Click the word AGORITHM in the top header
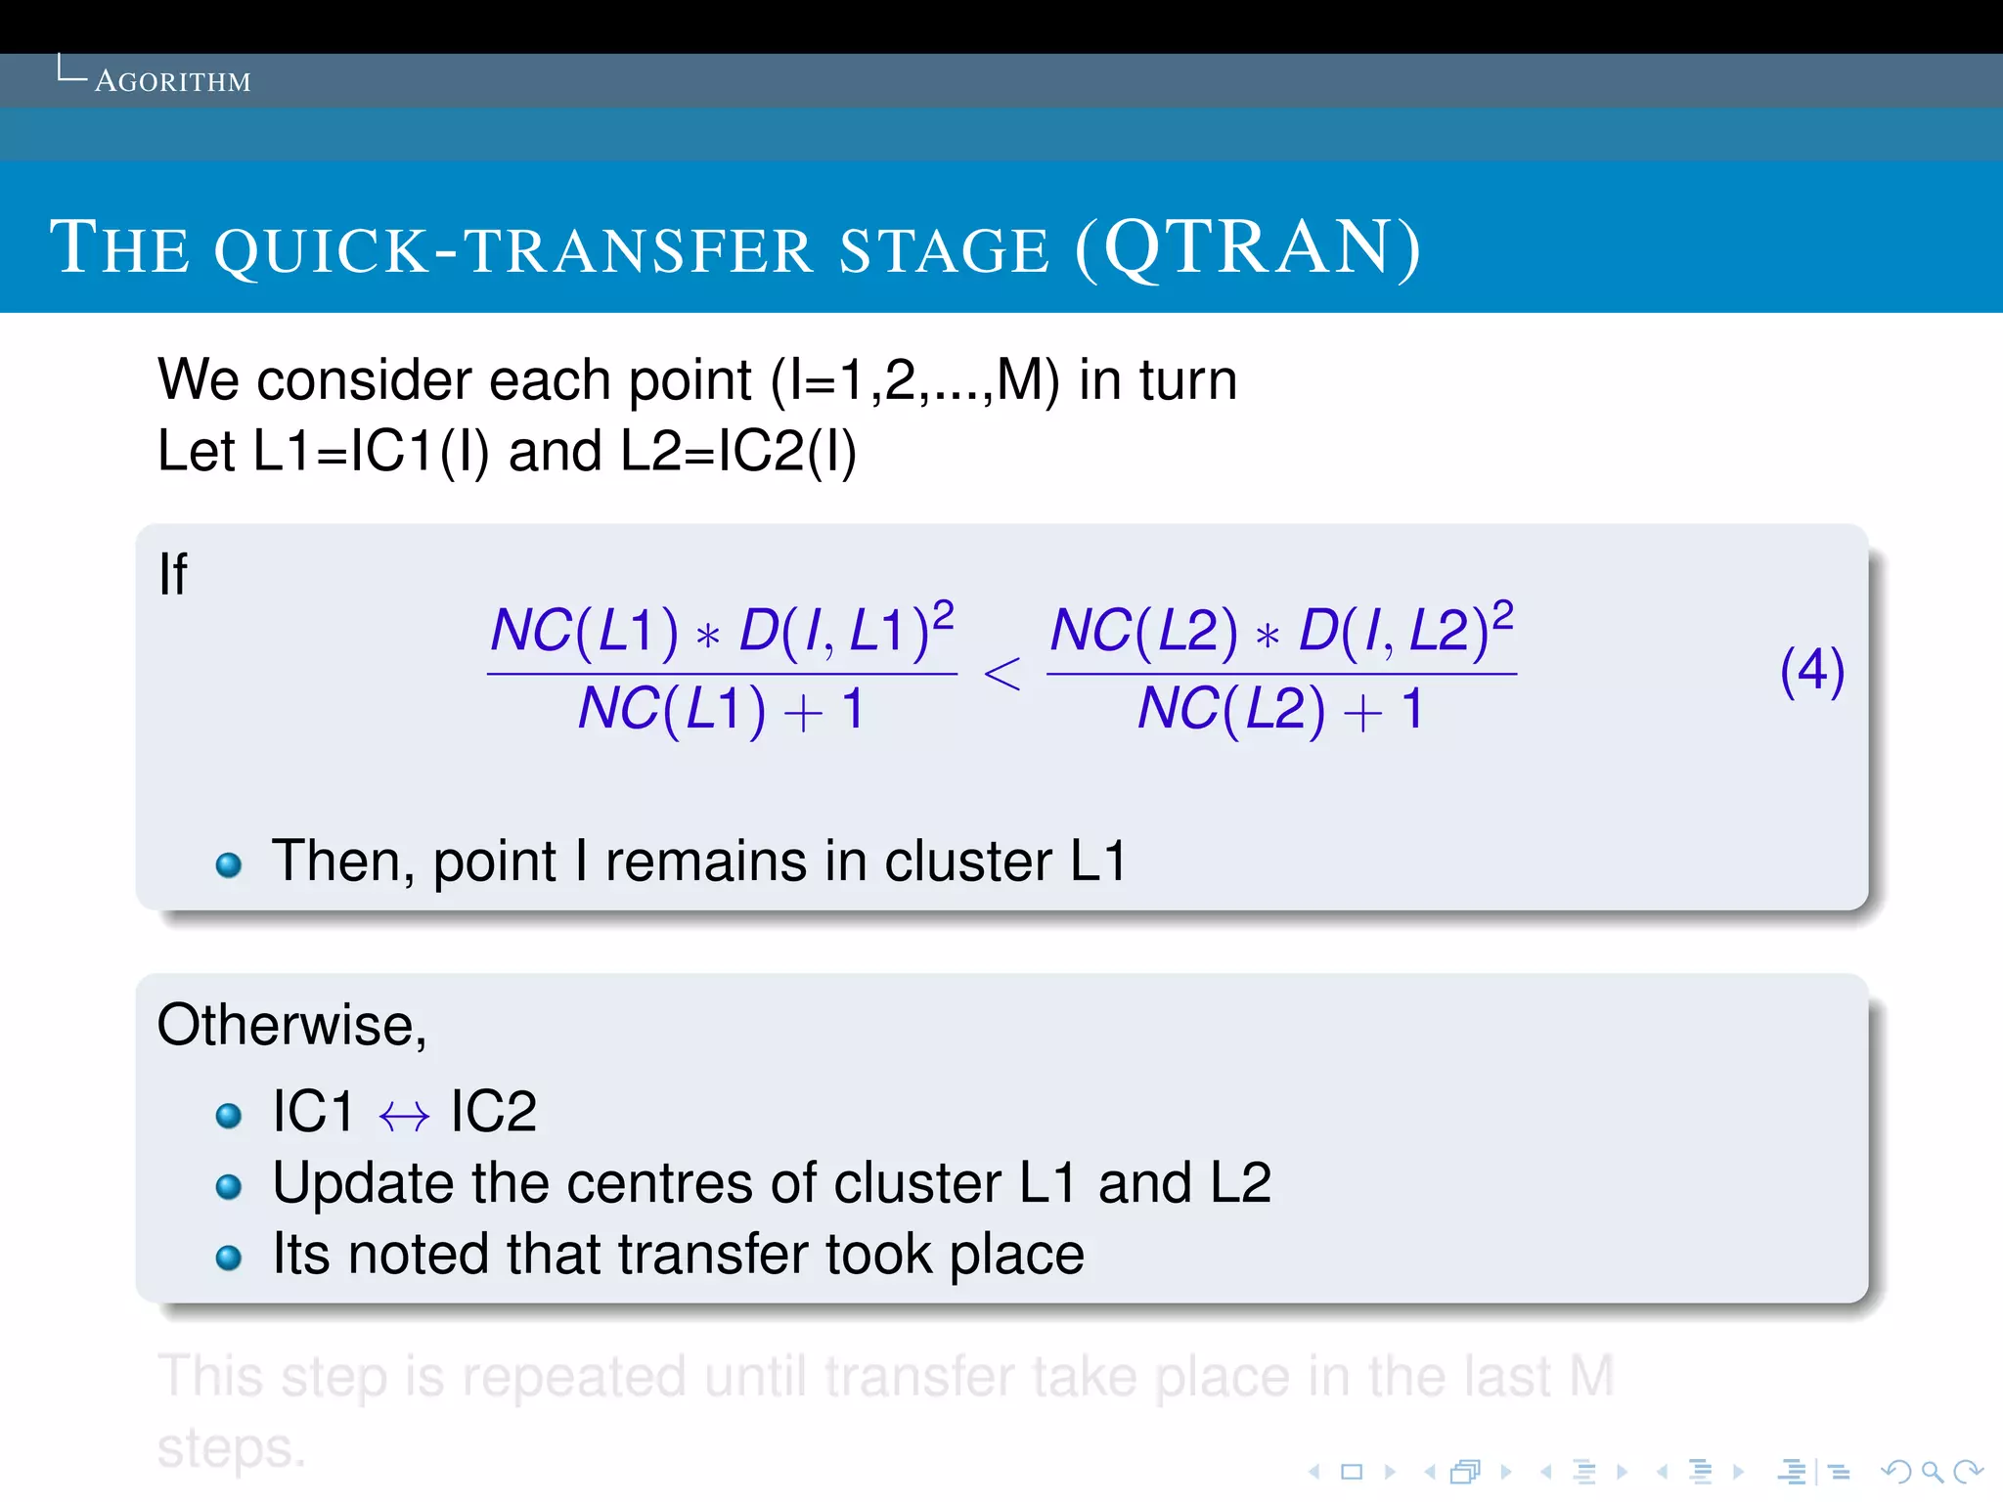click(172, 81)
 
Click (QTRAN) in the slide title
click(1248, 248)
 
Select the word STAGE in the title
click(945, 250)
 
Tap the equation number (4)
click(1811, 672)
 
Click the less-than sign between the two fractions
click(1001, 675)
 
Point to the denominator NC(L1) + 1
click(721, 709)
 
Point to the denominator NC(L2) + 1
click(1280, 709)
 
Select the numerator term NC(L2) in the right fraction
click(1143, 631)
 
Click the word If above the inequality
click(172, 574)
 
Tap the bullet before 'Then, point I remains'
click(229, 865)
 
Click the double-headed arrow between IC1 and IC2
click(404, 1116)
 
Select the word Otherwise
click(291, 1026)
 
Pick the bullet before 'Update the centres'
click(229, 1187)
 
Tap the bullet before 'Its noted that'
click(229, 1258)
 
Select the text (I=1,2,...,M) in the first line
click(915, 380)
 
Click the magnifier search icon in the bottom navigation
click(1932, 1472)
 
